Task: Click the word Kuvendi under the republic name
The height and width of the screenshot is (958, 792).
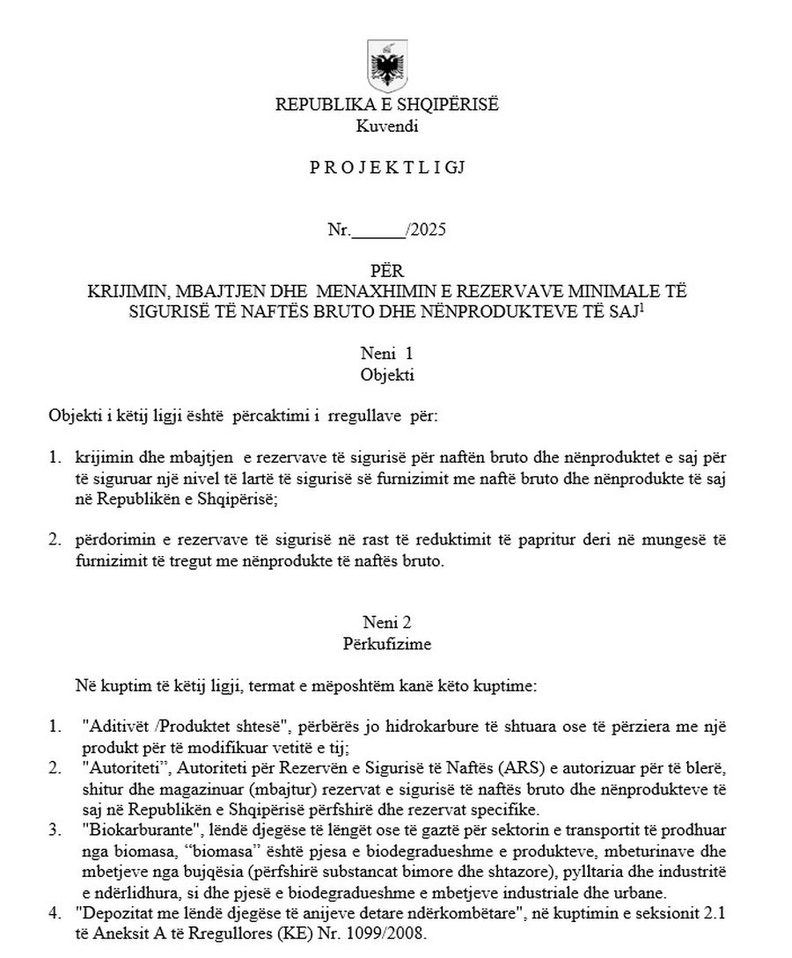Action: [x=387, y=125]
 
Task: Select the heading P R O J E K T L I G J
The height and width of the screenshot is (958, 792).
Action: [x=387, y=167]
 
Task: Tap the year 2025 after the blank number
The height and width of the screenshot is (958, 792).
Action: [x=428, y=231]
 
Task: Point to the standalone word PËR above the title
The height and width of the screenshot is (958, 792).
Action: [x=387, y=271]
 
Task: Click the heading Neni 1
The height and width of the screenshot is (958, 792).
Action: [x=387, y=354]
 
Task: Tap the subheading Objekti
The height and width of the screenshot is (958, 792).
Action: [x=387, y=373]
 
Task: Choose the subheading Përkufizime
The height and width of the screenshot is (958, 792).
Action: [x=387, y=643]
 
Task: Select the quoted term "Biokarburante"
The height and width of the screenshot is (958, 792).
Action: [x=125, y=830]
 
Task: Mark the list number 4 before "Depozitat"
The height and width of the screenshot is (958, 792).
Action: [x=54, y=913]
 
